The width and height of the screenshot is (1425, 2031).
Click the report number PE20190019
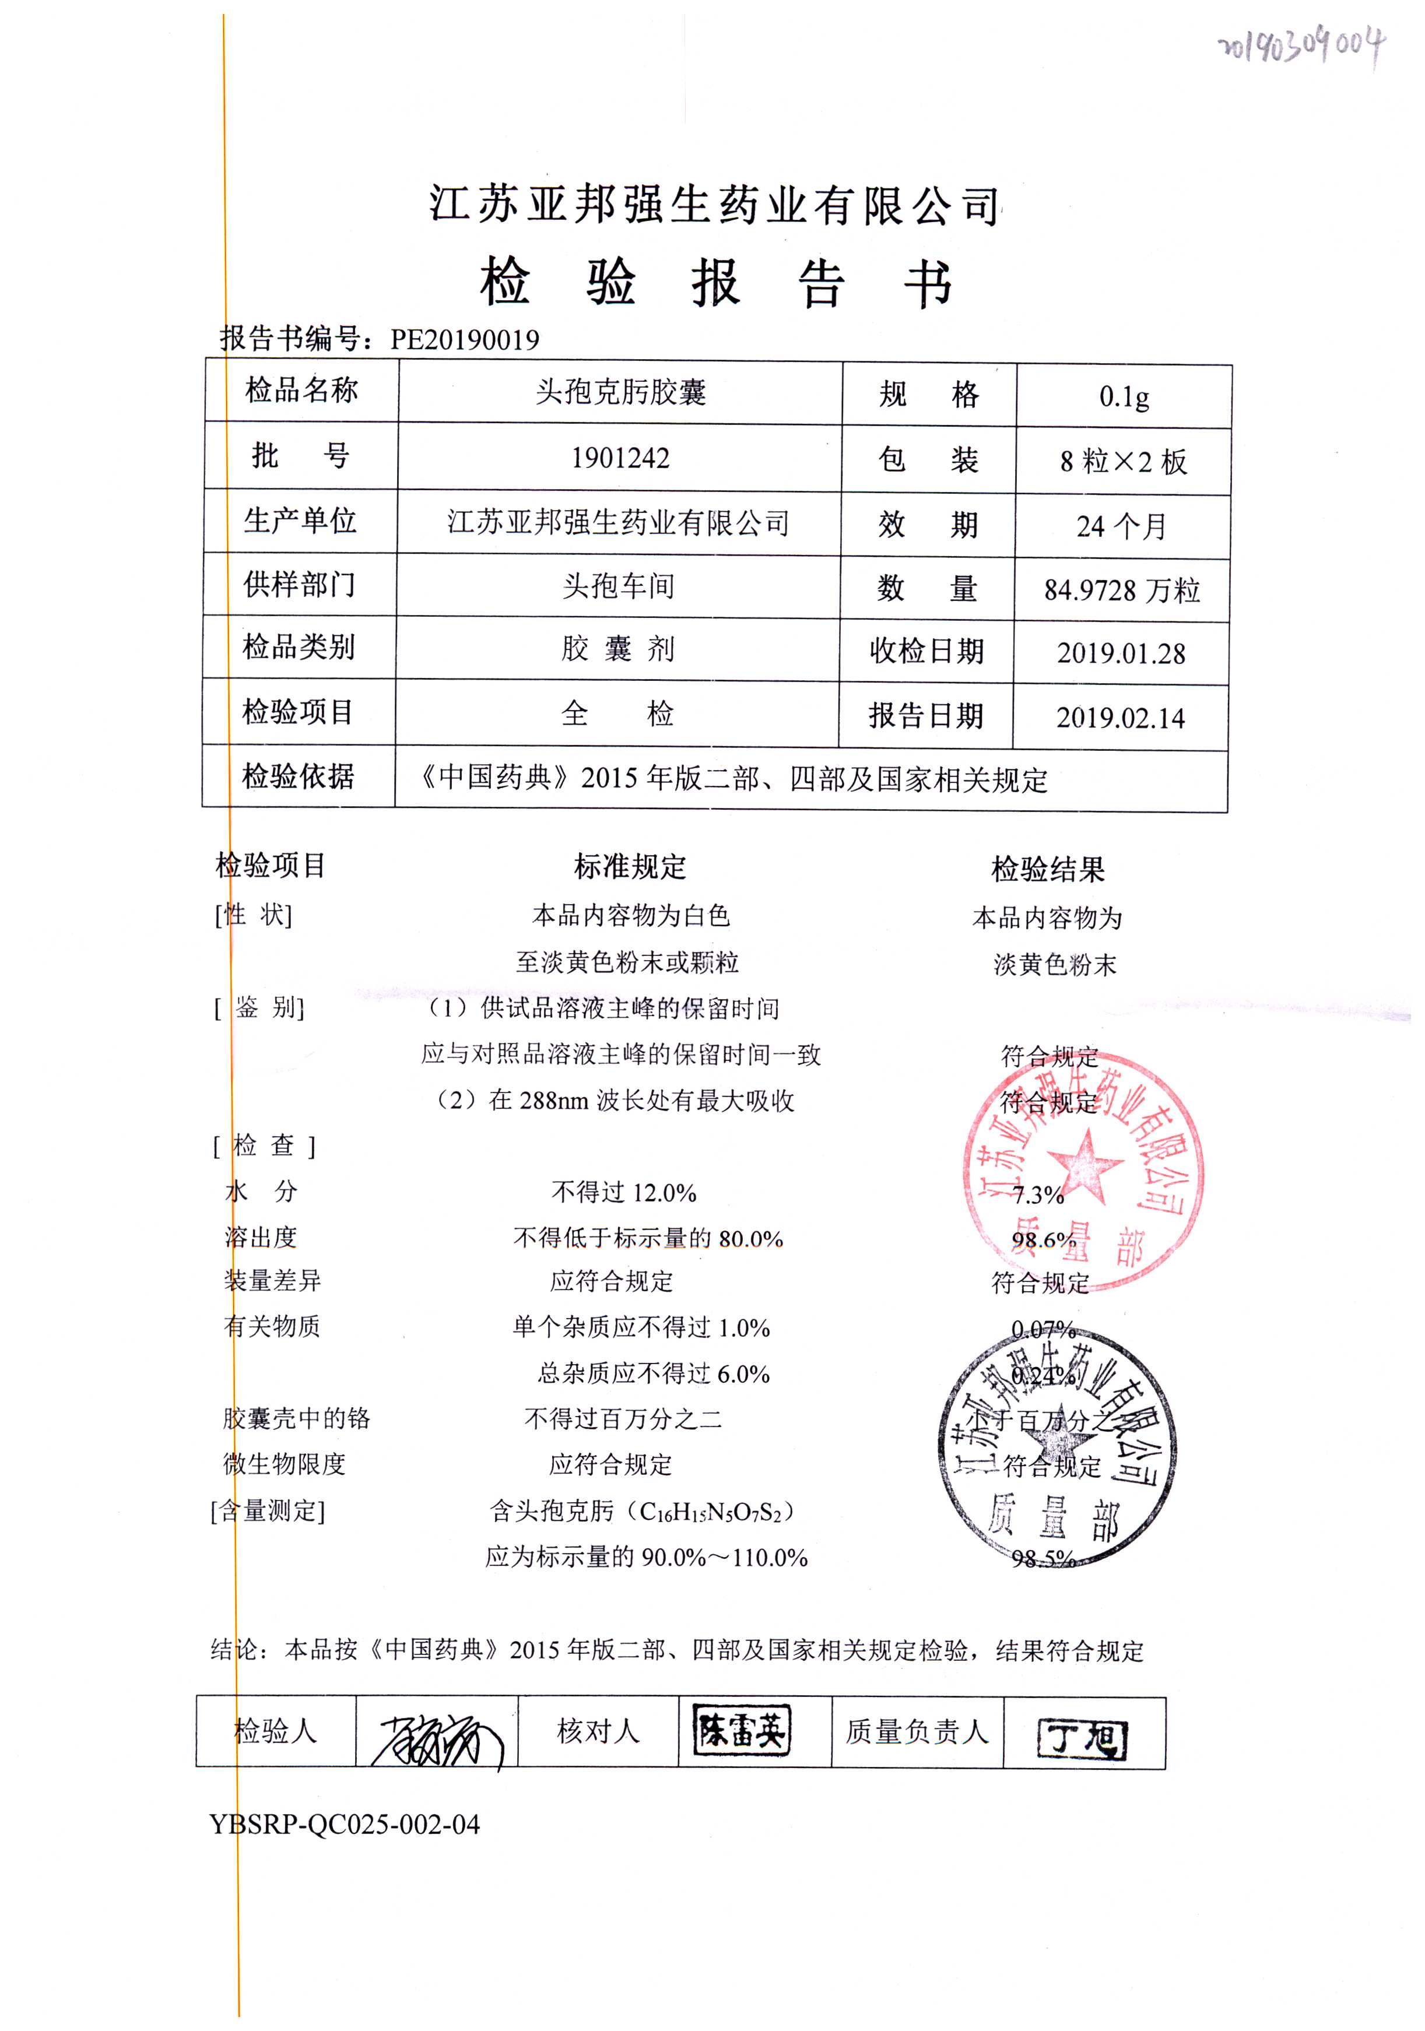[x=464, y=340]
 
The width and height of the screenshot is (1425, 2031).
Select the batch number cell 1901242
[x=620, y=458]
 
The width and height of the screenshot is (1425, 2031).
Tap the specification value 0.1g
[x=1124, y=396]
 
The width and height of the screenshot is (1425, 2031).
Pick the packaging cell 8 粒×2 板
[x=1122, y=462]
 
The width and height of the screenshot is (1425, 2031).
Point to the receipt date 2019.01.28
[x=1121, y=653]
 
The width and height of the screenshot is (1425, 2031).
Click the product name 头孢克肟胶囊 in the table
[x=620, y=392]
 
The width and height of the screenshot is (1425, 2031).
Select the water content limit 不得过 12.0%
[x=624, y=1192]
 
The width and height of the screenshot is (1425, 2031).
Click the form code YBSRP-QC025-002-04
[x=345, y=1824]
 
